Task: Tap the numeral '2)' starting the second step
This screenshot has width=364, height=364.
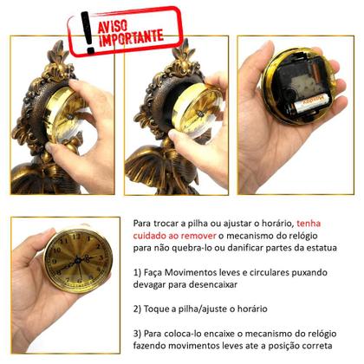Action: pyautogui.click(x=139, y=308)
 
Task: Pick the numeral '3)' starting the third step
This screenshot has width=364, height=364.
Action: pyautogui.click(x=139, y=332)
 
